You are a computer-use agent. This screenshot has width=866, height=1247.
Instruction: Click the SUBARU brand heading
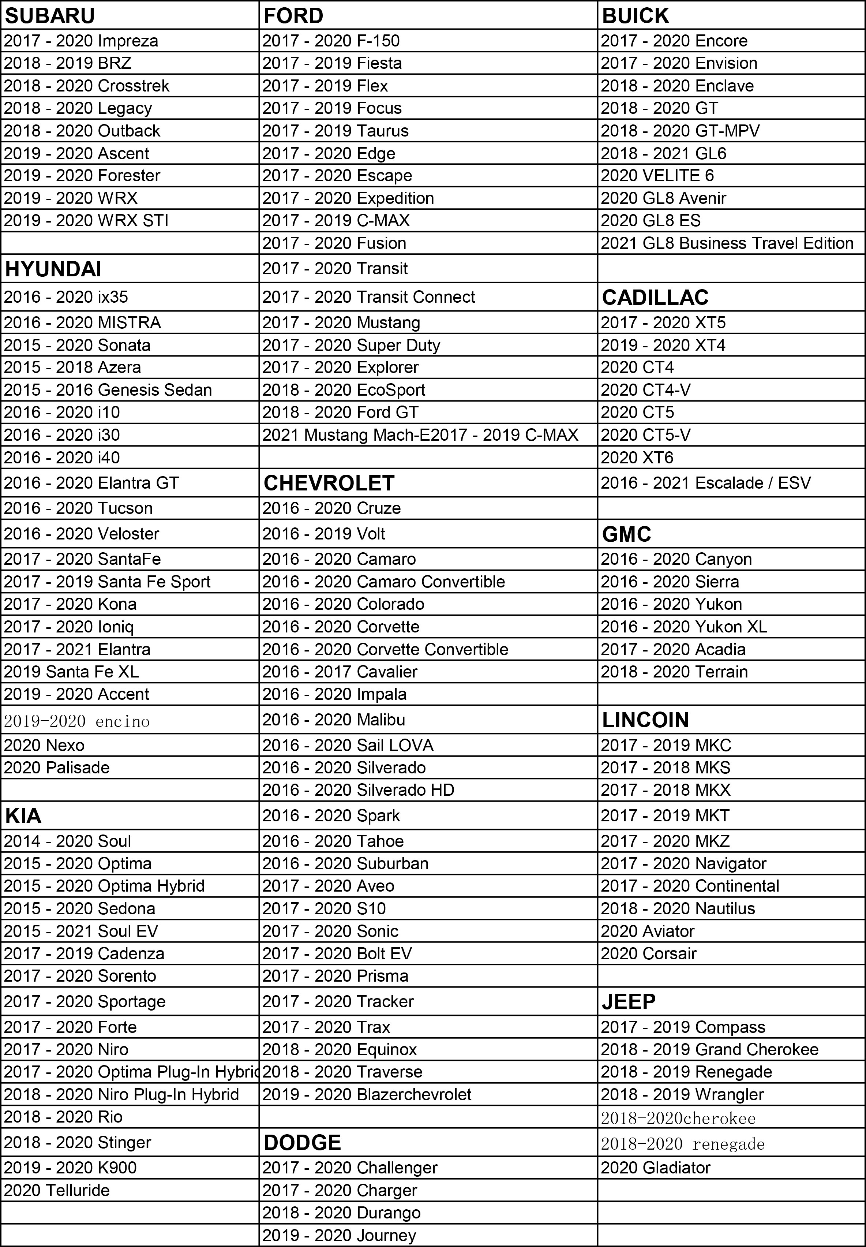50,16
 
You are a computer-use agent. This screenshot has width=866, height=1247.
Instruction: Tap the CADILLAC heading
655,298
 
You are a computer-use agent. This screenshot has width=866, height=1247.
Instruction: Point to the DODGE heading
302,1143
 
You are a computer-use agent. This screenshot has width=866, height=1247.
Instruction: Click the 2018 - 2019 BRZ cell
68,64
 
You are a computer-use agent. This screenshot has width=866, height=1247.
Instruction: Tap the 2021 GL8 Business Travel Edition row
727,243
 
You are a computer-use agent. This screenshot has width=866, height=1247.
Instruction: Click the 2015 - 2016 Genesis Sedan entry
108,390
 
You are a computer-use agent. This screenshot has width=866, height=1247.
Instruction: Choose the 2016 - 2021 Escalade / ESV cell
705,483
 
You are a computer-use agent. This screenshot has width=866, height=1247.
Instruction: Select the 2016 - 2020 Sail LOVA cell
348,745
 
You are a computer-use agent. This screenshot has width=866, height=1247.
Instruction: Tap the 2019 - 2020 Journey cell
339,1235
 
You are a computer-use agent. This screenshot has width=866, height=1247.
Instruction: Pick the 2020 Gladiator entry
656,1168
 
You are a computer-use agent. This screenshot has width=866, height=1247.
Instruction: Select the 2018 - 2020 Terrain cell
674,672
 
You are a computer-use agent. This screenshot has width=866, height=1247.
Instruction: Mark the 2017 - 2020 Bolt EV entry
337,953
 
